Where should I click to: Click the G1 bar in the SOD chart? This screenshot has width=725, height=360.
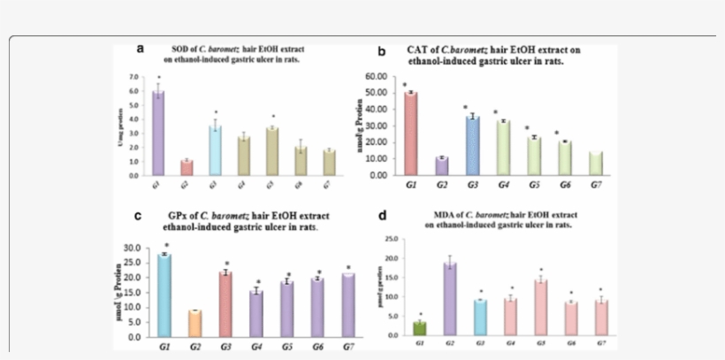point(158,133)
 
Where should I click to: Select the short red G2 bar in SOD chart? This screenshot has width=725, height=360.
point(187,167)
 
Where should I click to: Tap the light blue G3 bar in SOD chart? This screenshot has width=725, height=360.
point(215,149)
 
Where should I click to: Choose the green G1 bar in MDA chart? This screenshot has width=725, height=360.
point(420,328)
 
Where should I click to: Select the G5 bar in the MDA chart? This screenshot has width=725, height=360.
point(538,307)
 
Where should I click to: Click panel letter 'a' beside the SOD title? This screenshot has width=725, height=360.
point(140,49)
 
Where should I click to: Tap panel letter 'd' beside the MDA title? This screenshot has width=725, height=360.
point(381,215)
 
